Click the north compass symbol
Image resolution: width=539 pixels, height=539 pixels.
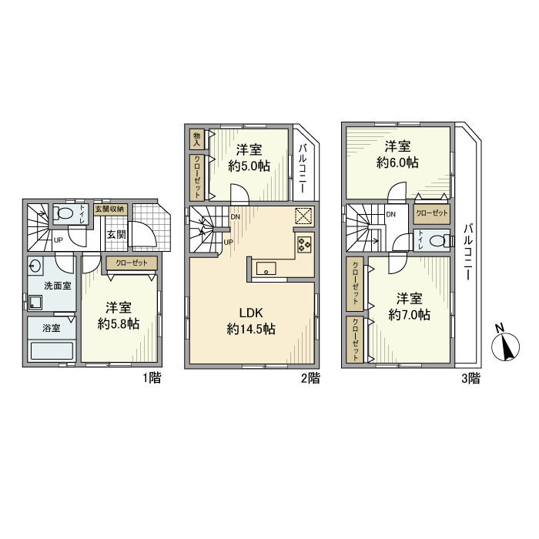tap(505, 346)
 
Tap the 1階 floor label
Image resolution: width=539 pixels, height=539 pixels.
tap(152, 379)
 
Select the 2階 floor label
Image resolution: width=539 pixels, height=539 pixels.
tap(310, 379)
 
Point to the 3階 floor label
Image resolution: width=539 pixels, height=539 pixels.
tap(470, 379)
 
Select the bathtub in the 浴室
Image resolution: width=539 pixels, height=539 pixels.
tap(52, 350)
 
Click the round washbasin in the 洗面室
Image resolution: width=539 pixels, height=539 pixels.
tap(35, 266)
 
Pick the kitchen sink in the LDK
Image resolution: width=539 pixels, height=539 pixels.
tap(266, 269)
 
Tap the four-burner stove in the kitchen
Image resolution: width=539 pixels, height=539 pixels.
tap(304, 244)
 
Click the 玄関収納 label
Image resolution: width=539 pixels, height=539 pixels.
tap(109, 209)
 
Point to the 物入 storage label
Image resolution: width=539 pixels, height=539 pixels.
tap(196, 139)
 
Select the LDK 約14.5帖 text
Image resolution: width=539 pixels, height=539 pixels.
tap(251, 321)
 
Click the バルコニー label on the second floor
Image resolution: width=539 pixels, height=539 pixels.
tap(303, 169)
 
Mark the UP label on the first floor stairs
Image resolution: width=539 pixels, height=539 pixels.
tap(58, 240)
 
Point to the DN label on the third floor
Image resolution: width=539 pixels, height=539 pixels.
tap(391, 215)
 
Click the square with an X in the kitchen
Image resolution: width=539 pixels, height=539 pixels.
tap(304, 216)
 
